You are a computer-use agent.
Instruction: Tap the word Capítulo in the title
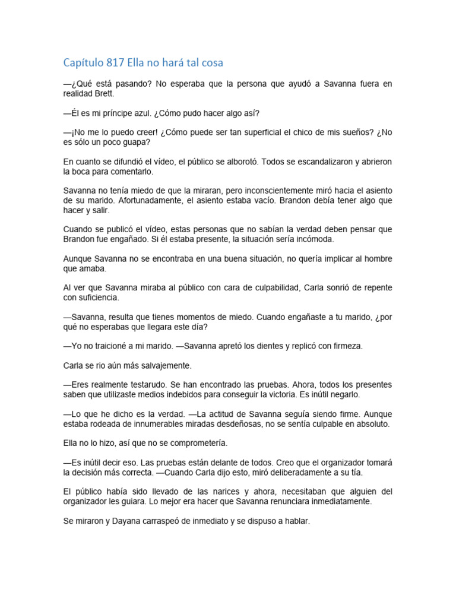point(83,62)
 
